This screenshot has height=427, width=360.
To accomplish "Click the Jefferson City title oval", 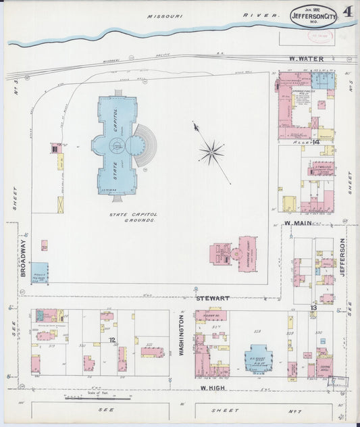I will click(x=314, y=16).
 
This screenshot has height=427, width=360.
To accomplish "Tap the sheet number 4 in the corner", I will click(x=348, y=11).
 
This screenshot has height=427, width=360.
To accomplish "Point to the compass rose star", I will click(x=211, y=152).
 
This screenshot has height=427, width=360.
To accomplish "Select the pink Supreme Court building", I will click(x=248, y=253).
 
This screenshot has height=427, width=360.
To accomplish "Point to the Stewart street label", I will click(x=213, y=297).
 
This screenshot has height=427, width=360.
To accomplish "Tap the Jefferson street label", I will click(x=342, y=257).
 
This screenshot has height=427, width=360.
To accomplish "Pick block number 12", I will click(x=112, y=339).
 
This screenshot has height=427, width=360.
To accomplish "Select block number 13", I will click(x=313, y=307).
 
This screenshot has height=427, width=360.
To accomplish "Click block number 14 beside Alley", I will click(x=315, y=143).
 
